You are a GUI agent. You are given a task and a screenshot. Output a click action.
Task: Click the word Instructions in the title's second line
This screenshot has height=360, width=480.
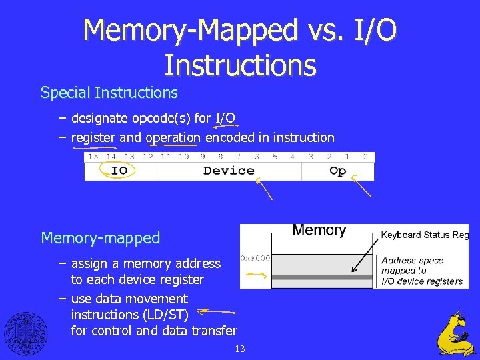pos(240,65)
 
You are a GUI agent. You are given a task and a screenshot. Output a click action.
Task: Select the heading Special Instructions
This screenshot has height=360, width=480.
pos(109,93)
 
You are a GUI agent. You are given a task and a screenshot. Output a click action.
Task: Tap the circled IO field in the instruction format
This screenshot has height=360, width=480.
pos(119,171)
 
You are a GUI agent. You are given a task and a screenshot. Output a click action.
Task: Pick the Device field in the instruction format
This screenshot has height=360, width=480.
pos(229,171)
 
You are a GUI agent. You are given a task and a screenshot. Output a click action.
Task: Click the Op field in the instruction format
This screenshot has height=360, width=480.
pos(338,171)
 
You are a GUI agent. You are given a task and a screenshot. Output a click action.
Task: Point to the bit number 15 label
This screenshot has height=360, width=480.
pos(93,157)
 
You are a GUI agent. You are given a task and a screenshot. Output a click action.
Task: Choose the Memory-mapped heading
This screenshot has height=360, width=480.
pos(101,238)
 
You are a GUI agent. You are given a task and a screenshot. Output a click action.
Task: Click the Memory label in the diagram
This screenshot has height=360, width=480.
pos(319,231)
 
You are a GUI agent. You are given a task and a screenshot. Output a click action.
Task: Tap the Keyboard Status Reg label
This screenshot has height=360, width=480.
pos(425,235)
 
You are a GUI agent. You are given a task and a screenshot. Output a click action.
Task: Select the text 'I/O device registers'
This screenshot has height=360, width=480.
pos(422,281)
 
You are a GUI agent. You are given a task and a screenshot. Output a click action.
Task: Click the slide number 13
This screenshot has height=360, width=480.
pos(240,349)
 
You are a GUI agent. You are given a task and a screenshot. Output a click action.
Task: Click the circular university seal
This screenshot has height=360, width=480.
pos(26,333)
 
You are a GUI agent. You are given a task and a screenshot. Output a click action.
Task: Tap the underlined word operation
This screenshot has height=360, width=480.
pos(173,138)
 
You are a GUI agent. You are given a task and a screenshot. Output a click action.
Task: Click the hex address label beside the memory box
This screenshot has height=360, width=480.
pos(255,257)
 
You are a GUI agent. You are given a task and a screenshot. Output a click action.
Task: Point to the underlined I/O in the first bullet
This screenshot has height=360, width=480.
pos(225,119)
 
